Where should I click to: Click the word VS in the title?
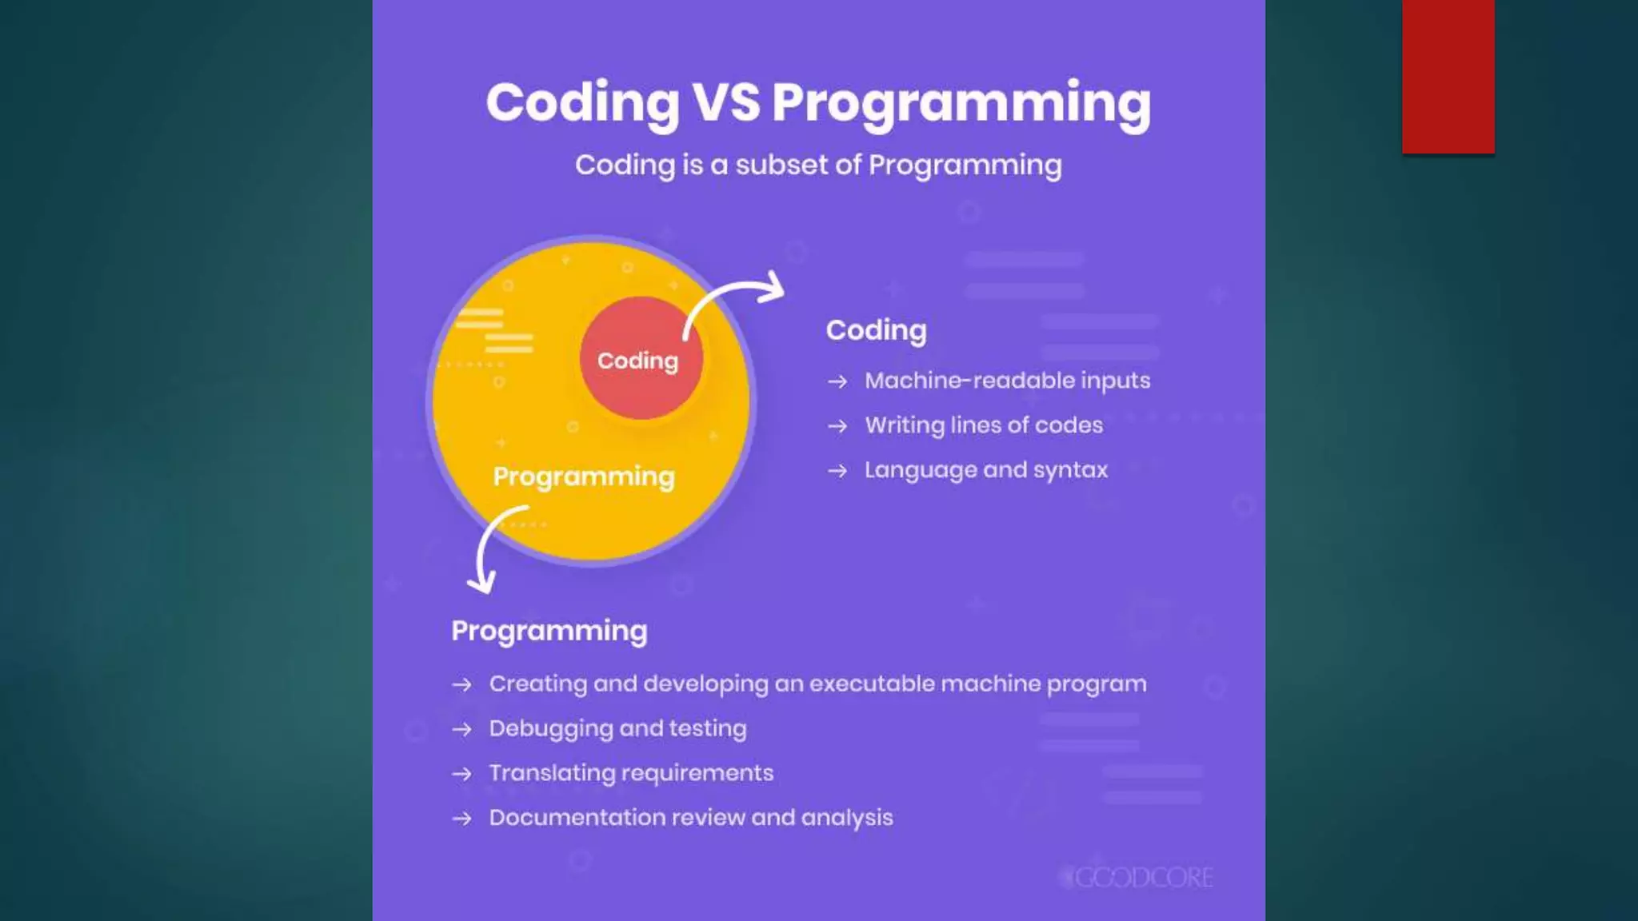tap(725, 102)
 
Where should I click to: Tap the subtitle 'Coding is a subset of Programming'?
tap(818, 165)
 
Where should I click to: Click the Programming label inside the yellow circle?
tap(584, 476)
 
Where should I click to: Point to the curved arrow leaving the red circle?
tap(732, 296)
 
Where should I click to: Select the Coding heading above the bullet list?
tap(876, 330)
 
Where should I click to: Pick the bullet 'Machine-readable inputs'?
tap(1007, 381)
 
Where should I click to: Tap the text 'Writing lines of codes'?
tap(984, 425)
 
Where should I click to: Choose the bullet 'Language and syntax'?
tap(986, 470)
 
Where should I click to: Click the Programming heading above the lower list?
tap(549, 631)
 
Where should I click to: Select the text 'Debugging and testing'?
tap(617, 728)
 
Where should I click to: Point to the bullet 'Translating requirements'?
tap(631, 773)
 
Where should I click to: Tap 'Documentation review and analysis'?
tap(691, 818)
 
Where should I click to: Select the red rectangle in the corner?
tap(1448, 76)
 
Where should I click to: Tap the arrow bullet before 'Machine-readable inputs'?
tap(837, 381)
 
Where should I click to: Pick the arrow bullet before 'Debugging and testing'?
tap(461, 729)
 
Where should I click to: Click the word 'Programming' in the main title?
tap(961, 104)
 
